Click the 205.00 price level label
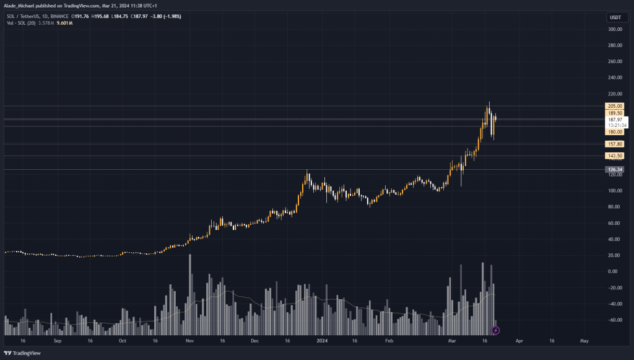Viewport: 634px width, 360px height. [x=615, y=107]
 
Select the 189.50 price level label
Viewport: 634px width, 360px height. [x=615, y=113]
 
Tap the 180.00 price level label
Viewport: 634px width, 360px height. [x=615, y=132]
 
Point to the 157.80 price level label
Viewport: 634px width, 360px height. [x=615, y=144]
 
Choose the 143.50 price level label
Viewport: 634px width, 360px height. [x=615, y=156]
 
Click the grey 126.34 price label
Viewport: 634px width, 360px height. [x=615, y=169]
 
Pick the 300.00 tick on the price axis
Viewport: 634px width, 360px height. [x=615, y=29]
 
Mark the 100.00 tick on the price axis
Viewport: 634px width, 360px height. [x=615, y=191]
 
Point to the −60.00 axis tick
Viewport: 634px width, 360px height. [x=615, y=320]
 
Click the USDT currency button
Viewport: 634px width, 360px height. [x=615, y=17]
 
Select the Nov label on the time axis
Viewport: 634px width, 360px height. [x=189, y=341]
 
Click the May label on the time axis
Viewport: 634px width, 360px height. [x=584, y=341]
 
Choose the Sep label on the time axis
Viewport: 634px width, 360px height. [x=58, y=341]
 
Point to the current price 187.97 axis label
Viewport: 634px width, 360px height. [x=617, y=120]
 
